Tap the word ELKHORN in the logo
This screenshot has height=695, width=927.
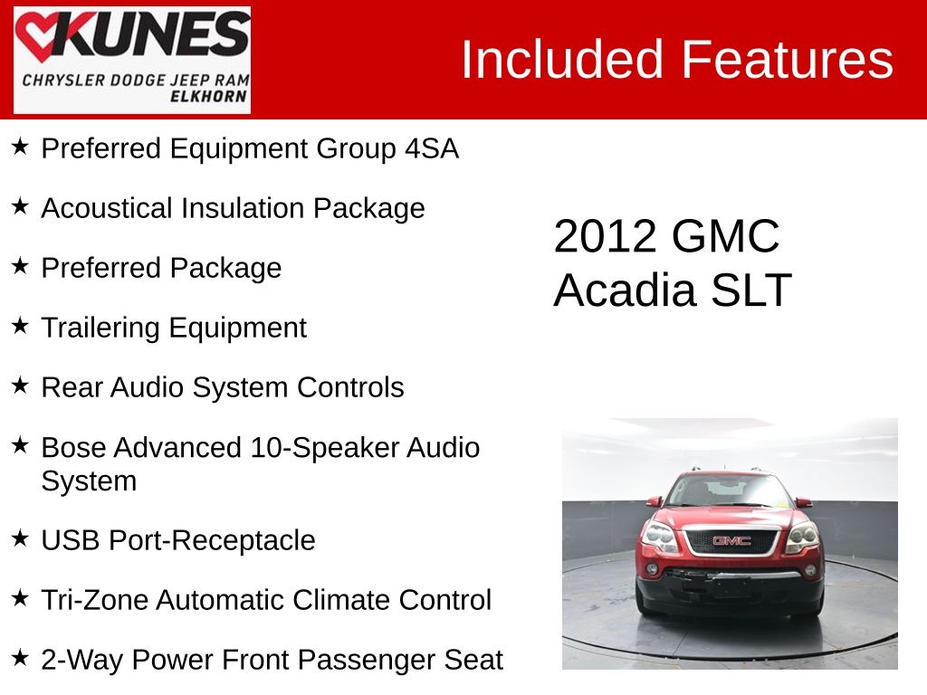[209, 97]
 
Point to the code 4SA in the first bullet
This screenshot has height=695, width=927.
[432, 148]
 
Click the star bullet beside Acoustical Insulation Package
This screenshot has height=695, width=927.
[20, 206]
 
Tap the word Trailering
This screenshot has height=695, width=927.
[100, 328]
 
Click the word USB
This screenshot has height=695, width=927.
[71, 540]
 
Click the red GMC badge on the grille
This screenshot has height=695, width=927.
[731, 541]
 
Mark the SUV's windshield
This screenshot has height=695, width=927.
[729, 491]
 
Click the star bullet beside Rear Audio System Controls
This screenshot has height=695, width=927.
[20, 386]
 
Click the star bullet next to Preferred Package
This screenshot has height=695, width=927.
[20, 266]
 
